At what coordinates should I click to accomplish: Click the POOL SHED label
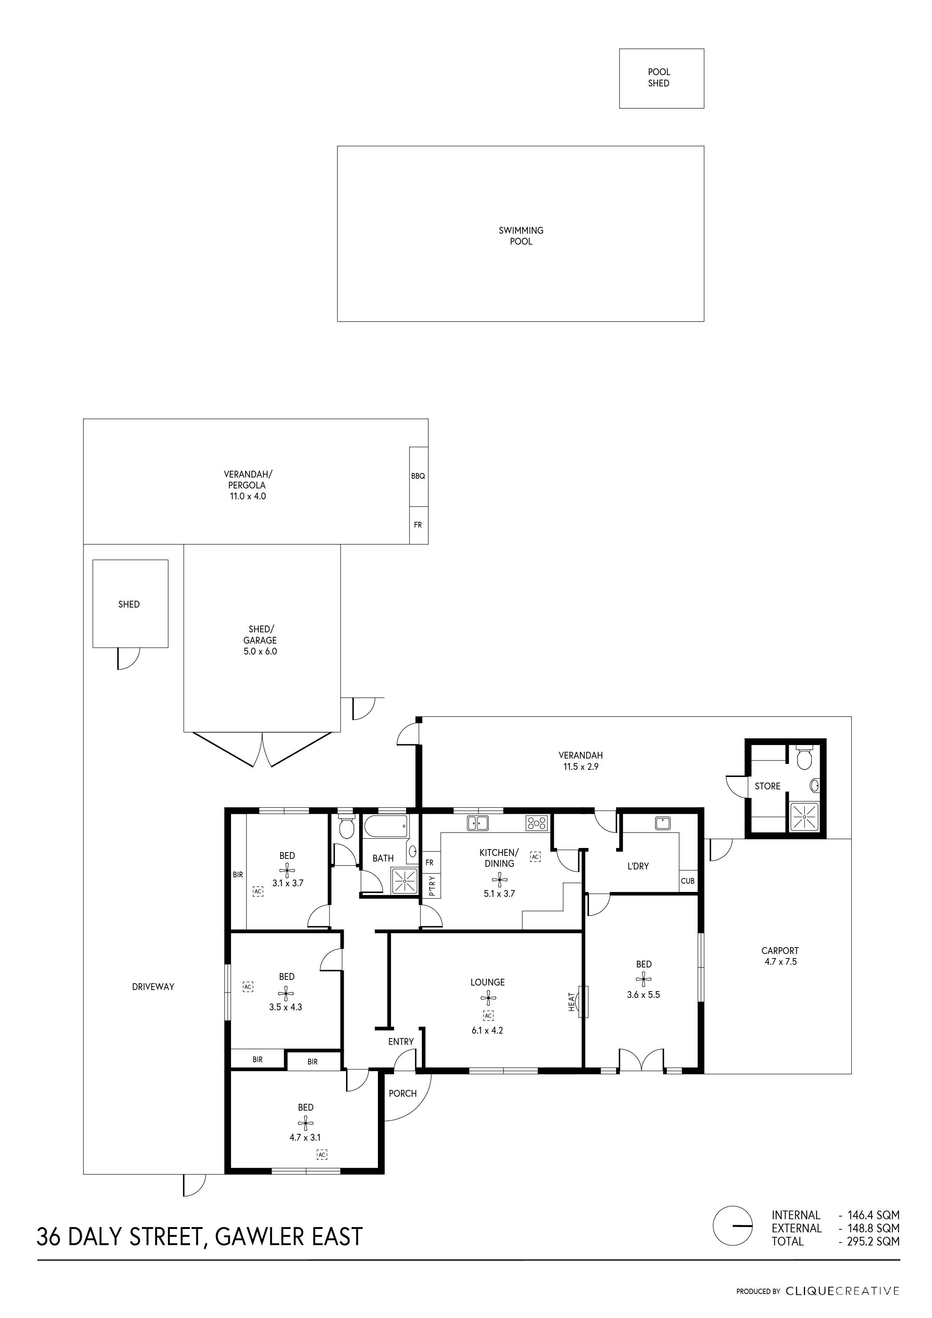659,77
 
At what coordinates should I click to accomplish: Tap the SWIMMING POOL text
521,236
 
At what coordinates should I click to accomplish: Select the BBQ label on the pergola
418,476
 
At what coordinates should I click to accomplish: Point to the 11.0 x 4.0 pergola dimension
248,496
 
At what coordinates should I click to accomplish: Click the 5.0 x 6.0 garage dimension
260,651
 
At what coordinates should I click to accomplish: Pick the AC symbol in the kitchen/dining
535,857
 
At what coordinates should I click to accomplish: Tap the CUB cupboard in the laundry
687,881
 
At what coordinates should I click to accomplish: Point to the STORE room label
767,786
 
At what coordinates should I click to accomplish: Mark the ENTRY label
400,1041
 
